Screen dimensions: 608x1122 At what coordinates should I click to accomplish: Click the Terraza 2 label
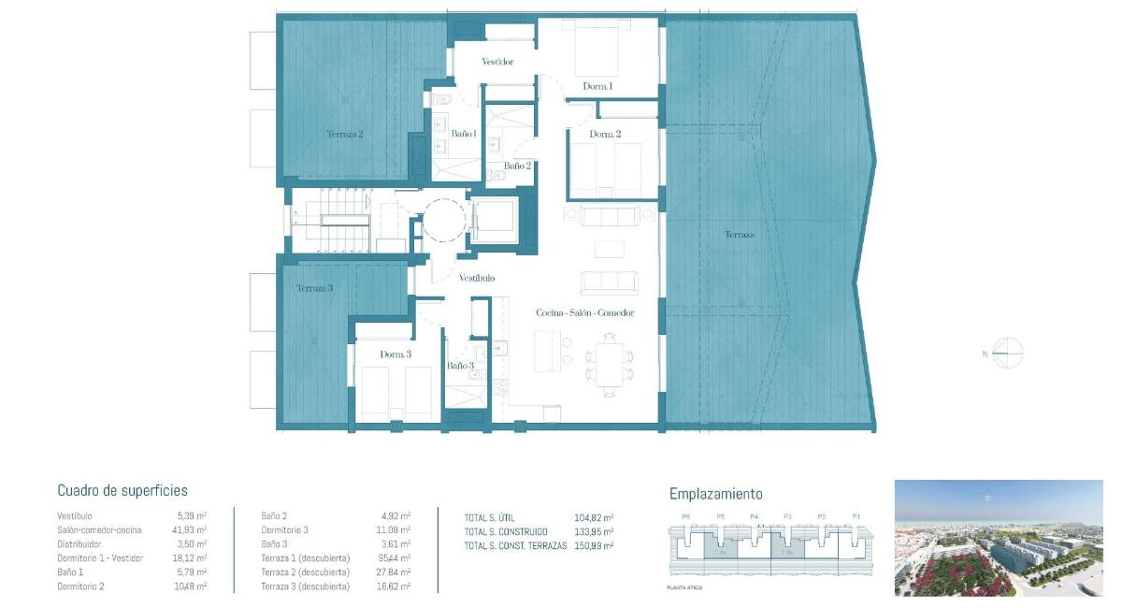point(345,134)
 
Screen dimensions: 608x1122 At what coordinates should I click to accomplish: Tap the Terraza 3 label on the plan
point(315,288)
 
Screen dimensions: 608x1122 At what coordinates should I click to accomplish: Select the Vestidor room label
point(497,62)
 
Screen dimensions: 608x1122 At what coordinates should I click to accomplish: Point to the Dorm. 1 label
point(597,86)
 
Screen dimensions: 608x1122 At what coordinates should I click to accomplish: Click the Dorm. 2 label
point(605,134)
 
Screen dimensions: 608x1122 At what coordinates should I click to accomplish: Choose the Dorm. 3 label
point(396,355)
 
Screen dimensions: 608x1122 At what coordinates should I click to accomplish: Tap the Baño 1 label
point(464,134)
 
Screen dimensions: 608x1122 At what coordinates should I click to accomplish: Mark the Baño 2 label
point(517,166)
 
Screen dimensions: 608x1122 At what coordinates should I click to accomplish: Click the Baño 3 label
point(459,366)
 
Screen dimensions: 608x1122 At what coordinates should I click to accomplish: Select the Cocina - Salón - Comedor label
point(585,312)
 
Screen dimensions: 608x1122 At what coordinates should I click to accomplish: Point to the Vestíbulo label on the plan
point(477,278)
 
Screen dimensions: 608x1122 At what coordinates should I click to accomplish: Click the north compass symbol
point(1006,354)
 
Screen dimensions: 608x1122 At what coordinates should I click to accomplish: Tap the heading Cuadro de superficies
point(122,490)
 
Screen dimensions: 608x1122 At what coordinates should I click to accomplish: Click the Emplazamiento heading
point(715,494)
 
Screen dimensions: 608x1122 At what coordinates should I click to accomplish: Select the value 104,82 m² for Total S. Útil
point(594,516)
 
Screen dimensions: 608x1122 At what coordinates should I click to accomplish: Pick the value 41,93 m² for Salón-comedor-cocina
point(192,529)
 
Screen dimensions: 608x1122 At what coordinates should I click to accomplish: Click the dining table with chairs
point(609,362)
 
